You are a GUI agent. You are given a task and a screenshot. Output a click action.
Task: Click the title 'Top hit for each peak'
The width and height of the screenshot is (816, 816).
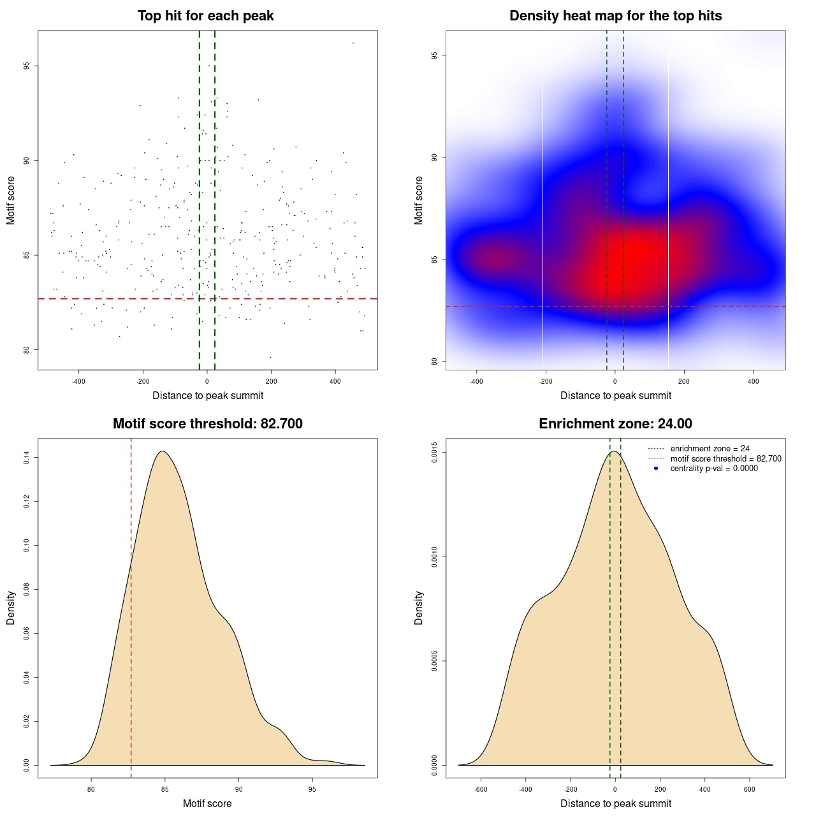coord(205,16)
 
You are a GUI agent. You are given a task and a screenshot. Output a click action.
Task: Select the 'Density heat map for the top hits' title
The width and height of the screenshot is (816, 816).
coord(615,16)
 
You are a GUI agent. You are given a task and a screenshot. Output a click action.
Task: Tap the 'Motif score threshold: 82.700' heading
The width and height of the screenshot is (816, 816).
coord(207,424)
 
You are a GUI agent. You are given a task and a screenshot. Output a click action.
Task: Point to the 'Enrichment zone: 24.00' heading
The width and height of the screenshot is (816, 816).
coord(615,424)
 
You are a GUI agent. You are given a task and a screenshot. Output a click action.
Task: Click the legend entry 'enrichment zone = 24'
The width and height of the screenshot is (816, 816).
coord(710,449)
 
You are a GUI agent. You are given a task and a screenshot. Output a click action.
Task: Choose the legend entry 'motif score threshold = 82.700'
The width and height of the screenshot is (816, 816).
coord(725,458)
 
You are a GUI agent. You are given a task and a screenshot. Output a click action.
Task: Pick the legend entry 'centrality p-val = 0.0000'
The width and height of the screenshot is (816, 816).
coord(714,469)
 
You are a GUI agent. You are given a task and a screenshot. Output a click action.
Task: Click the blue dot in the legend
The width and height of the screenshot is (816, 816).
coord(656,469)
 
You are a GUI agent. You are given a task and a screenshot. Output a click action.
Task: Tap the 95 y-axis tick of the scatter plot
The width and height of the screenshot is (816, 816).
coord(26,66)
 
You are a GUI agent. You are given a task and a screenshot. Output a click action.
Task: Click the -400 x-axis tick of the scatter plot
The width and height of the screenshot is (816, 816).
coord(79,381)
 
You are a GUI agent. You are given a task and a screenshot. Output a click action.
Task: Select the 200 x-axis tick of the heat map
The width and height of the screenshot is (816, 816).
coord(684,381)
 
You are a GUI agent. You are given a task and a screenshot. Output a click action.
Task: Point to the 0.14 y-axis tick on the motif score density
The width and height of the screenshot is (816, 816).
coord(26,458)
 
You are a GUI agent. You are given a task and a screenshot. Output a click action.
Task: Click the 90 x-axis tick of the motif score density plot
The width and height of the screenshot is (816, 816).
coord(238,789)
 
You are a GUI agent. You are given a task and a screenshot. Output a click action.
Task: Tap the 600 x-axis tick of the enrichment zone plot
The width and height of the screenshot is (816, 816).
coord(750,789)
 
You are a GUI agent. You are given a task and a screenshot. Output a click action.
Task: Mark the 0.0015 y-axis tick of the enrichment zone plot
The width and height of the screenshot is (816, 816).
coord(434,453)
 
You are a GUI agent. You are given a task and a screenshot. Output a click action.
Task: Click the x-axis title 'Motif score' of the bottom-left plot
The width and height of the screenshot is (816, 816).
coord(207,803)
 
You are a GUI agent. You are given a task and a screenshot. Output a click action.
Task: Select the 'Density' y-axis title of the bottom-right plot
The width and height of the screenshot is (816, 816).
coord(419,608)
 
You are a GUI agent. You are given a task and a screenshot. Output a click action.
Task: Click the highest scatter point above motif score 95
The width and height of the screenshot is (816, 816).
coord(353,43)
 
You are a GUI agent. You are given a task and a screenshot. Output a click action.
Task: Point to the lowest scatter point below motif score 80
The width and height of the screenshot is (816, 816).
coord(270,357)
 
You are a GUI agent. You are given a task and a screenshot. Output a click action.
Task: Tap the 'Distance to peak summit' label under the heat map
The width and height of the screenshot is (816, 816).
coord(615,395)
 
